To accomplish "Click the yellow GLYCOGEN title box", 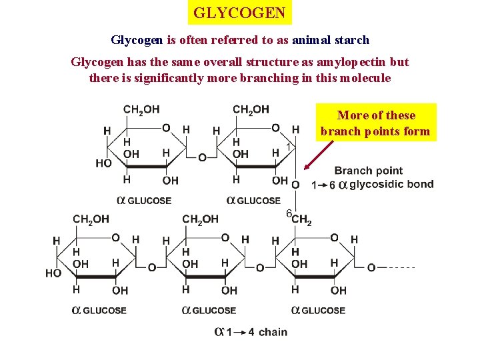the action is [239, 13].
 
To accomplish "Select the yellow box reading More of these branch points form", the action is [376, 123].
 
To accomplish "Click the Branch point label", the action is [368, 171].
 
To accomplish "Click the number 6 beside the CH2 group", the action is [289, 213].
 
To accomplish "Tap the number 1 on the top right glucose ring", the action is [288, 145].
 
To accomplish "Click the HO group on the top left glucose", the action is [103, 163].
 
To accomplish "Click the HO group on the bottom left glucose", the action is [53, 273].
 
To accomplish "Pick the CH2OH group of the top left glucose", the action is [141, 109].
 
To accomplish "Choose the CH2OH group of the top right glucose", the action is [251, 109].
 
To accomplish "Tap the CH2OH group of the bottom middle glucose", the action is [200, 219].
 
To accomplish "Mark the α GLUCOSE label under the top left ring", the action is [144, 200].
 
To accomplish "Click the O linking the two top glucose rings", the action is [202, 157].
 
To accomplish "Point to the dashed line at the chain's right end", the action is [400, 267].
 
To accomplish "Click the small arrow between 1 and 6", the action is [320, 185].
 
